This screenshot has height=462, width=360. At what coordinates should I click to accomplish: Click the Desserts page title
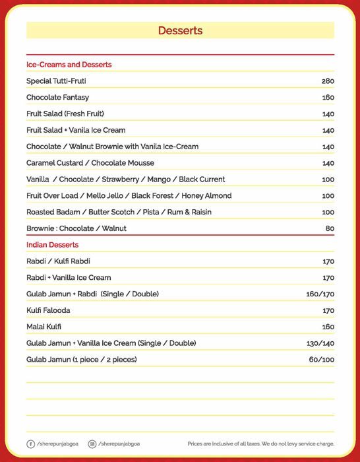180,30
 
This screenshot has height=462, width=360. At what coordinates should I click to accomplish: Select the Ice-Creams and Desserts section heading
69,65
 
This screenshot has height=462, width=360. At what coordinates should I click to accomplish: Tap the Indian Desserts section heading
52,245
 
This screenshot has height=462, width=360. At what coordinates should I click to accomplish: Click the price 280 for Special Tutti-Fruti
328,81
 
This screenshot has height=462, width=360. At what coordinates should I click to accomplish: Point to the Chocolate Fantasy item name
57,98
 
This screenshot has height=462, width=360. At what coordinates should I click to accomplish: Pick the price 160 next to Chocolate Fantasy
328,98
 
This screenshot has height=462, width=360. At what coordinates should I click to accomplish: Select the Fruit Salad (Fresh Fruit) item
65,114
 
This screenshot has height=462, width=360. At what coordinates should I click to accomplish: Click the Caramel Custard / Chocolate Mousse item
90,163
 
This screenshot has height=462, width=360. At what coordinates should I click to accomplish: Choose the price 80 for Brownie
330,228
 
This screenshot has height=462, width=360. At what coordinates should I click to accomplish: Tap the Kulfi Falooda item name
48,310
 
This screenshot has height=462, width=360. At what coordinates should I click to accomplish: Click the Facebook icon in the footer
30,444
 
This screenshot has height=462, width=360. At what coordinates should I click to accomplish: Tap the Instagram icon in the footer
92,444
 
